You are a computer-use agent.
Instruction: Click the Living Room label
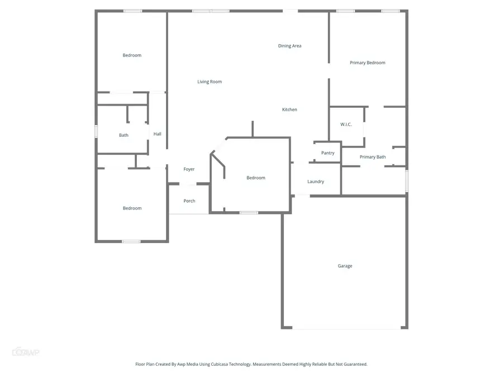coord(210,82)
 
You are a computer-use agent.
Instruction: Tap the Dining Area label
coord(290,46)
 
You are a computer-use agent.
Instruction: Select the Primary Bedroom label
coord(367,63)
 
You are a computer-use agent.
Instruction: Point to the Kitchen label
coord(290,109)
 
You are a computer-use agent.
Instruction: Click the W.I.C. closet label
coord(346,124)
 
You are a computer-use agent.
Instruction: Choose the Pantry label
coord(328,153)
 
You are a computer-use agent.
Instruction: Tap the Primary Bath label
coord(372,157)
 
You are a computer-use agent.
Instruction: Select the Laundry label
coord(316,182)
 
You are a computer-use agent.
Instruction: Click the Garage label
coord(345,266)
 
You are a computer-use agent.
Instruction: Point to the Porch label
coord(189,201)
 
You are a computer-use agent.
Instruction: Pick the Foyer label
coord(189,169)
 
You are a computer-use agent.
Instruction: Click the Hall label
coord(158,134)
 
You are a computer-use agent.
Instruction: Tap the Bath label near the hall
coord(124,135)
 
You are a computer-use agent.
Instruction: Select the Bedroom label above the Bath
coord(132,55)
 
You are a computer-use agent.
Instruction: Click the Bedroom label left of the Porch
coord(132,208)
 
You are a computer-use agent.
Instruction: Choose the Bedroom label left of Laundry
coord(256,178)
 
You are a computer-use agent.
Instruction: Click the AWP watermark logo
coord(26,352)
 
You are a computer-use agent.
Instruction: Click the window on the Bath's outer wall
coord(96,131)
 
